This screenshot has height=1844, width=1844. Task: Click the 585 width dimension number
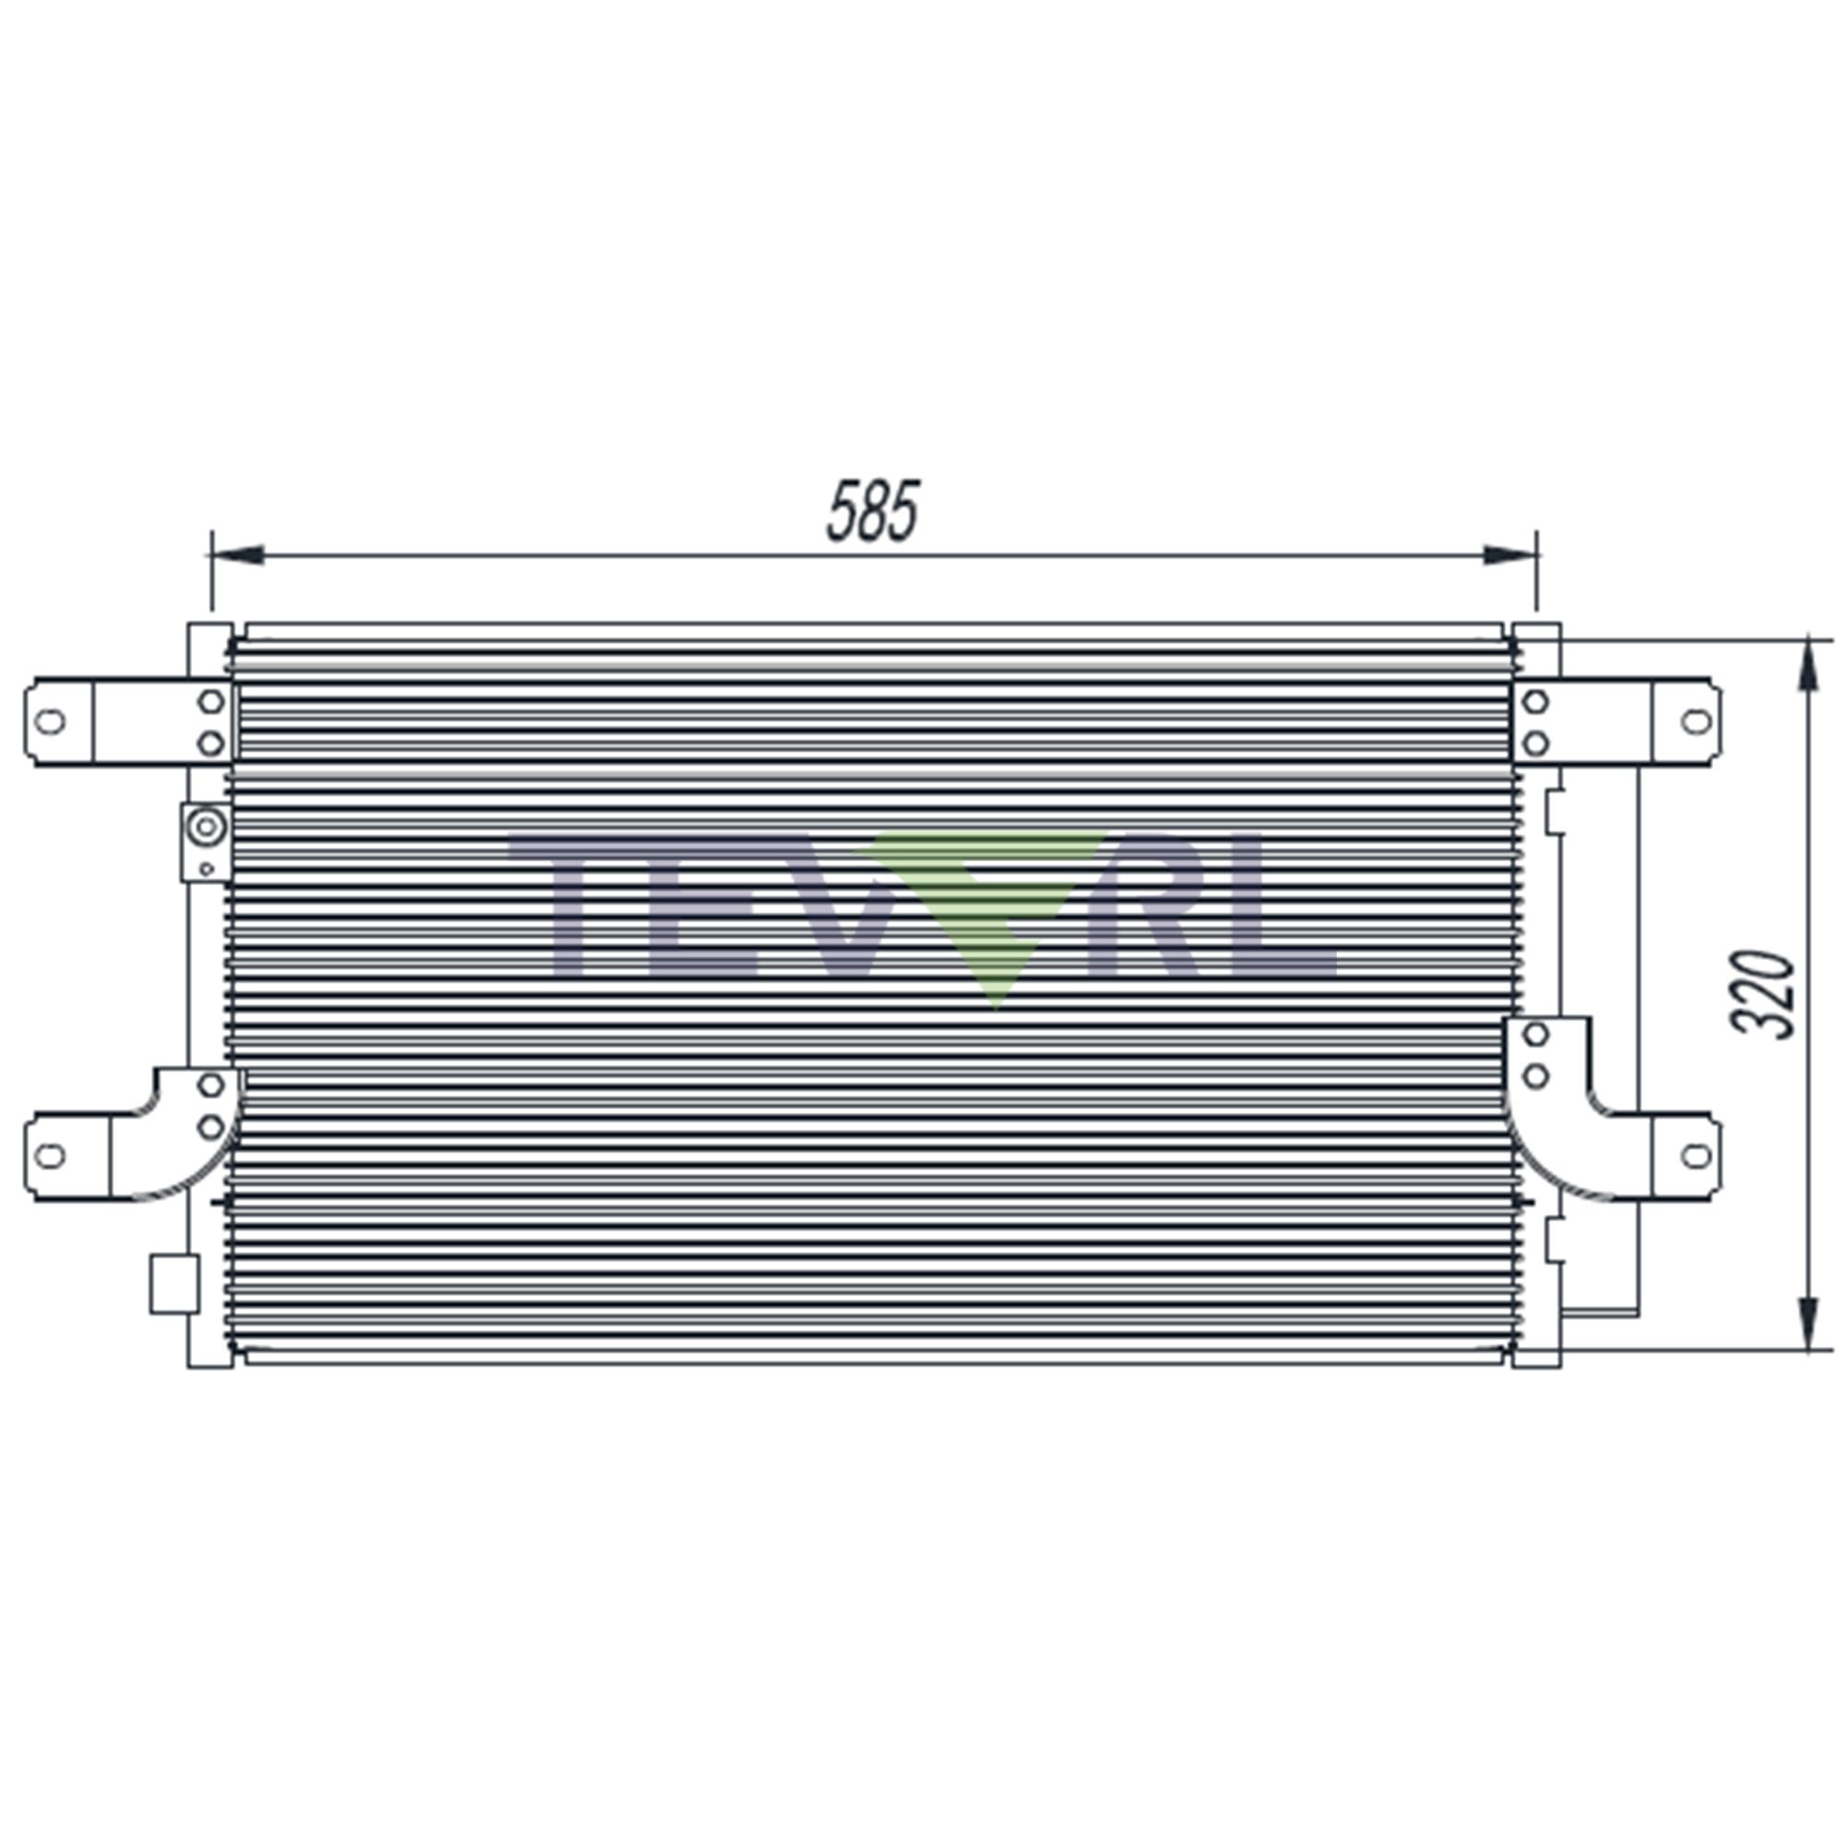(871, 512)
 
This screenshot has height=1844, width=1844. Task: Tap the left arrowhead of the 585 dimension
(239, 554)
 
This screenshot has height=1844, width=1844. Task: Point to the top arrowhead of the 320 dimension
(1807, 668)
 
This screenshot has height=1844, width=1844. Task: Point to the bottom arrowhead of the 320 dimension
(1807, 1322)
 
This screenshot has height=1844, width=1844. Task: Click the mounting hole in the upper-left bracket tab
(50, 722)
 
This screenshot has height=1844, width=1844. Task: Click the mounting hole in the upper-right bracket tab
(1696, 722)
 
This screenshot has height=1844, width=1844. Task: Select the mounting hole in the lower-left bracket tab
(50, 1156)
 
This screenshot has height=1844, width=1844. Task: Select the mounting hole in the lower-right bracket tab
(1696, 1156)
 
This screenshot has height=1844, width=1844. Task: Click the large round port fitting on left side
(206, 826)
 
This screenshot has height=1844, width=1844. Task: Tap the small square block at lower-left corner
(174, 1283)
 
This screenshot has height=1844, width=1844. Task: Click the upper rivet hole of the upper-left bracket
(211, 702)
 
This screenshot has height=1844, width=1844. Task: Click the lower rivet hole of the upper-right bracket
(1536, 742)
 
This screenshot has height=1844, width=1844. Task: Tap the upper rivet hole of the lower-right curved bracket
(1536, 1034)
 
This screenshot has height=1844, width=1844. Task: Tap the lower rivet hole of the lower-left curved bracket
(211, 1128)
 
